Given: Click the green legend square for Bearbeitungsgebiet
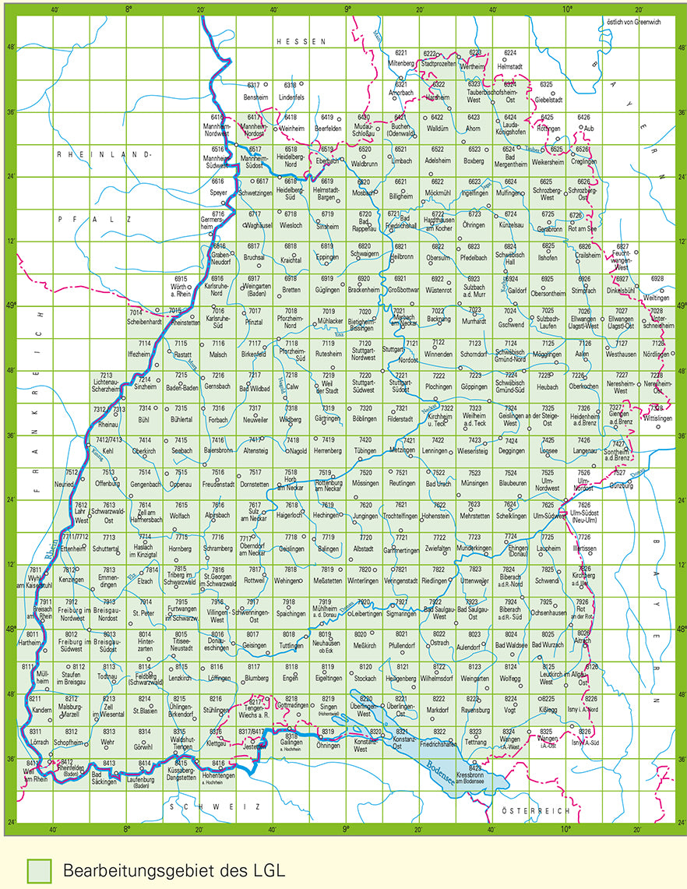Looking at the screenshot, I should [38, 870].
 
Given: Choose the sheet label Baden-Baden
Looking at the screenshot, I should [181, 386].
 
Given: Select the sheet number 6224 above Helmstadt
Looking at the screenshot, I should [510, 52].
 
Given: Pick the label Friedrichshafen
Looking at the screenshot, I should [440, 743].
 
